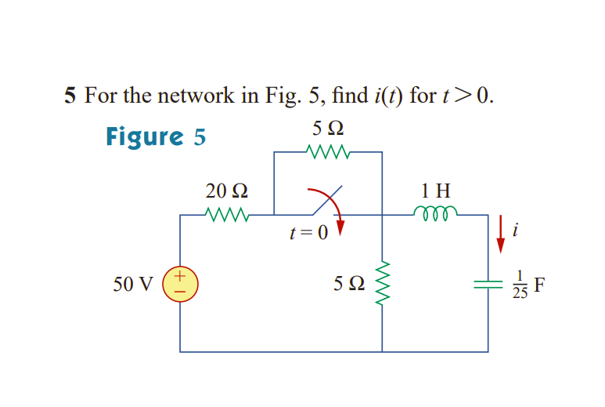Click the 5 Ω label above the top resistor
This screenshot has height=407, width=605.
(x=328, y=127)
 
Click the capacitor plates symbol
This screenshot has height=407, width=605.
(x=488, y=286)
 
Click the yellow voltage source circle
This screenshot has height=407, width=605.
(x=180, y=284)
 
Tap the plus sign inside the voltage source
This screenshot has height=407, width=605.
(x=180, y=276)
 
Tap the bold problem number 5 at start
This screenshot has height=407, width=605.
(x=70, y=96)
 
